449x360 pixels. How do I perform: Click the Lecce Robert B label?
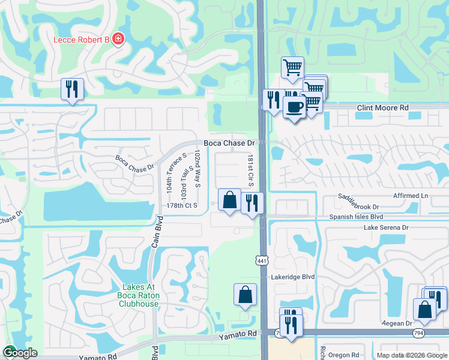tap(82, 40)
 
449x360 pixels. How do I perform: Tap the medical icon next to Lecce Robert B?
tap(118, 40)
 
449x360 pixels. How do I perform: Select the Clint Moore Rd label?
tap(382, 108)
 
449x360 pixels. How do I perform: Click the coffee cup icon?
tap(294, 107)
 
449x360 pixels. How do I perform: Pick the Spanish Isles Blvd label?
tap(356, 217)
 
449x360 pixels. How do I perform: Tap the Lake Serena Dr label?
tap(386, 228)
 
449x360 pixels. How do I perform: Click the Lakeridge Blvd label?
tap(292, 277)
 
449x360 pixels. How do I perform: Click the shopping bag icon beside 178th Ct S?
tap(229, 200)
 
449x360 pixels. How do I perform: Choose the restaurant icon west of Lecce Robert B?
tap(72, 89)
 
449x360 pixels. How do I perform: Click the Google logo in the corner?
tap(19, 353)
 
